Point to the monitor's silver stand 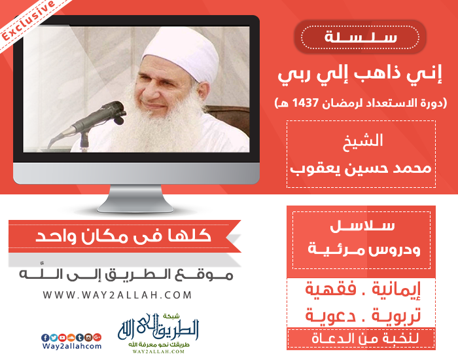[135, 198]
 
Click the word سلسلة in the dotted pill [361, 37]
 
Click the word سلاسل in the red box [362, 226]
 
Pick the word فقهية [330, 289]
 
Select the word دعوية [330, 315]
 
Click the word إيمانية [396, 290]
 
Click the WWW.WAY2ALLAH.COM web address [117, 295]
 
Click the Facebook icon [45, 338]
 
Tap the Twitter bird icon [54, 338]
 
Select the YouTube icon [62, 338]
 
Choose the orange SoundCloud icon [71, 338]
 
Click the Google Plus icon [97, 338]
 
